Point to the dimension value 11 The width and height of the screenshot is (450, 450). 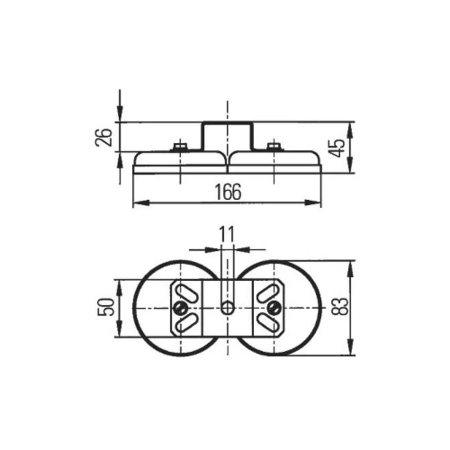coord(227,234)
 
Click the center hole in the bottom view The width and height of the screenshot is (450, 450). coord(228,308)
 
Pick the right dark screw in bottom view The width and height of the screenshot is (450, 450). coord(273,308)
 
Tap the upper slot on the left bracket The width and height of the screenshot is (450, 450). coord(184,292)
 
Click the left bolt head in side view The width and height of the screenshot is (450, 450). coord(180,146)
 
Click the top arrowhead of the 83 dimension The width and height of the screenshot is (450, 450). coord(351,265)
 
